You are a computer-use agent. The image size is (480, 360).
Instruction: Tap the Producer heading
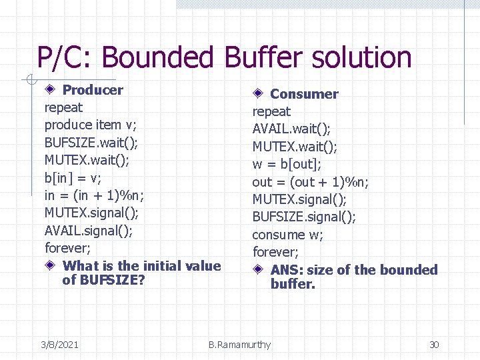click(93, 90)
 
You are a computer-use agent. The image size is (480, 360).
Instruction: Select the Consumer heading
click(304, 94)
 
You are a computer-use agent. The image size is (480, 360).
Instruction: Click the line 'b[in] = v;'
click(73, 178)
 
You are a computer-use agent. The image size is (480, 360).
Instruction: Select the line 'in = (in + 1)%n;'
click(94, 195)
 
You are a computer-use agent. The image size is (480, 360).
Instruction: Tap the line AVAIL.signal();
click(89, 231)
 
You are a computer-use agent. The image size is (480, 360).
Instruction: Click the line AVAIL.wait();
click(291, 129)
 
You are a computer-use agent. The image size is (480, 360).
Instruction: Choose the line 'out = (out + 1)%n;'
click(311, 182)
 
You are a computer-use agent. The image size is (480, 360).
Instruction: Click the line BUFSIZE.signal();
click(304, 217)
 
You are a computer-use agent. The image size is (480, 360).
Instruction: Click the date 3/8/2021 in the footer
click(59, 345)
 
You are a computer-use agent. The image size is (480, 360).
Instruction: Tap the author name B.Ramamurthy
click(239, 345)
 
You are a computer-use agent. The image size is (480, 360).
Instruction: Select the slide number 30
click(434, 345)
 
